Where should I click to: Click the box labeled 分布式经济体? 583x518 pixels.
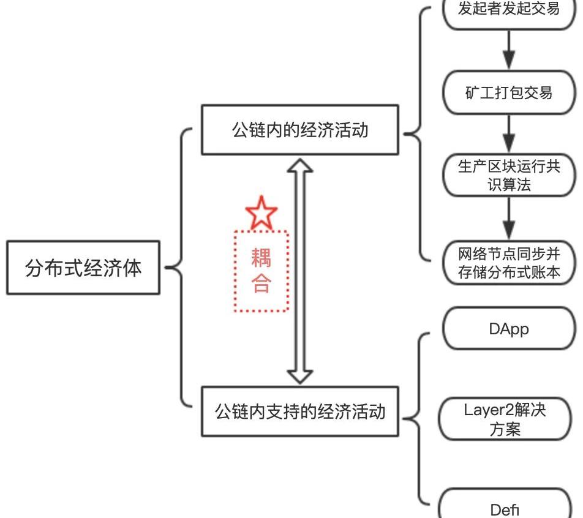(83, 268)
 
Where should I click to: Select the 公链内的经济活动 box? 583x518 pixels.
(300, 130)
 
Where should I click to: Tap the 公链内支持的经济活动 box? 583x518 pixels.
(300, 411)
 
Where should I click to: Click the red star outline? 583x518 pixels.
(261, 212)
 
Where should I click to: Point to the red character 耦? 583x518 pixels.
(261, 258)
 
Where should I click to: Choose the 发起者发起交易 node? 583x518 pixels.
(509, 11)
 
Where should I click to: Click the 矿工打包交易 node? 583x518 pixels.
(509, 92)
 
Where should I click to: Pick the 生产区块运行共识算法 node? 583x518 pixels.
(509, 176)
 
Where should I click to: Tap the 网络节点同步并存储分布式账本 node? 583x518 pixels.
(509, 262)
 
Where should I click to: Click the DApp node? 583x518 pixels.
(509, 329)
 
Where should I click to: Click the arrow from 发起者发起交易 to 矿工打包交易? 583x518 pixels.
(509, 51)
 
